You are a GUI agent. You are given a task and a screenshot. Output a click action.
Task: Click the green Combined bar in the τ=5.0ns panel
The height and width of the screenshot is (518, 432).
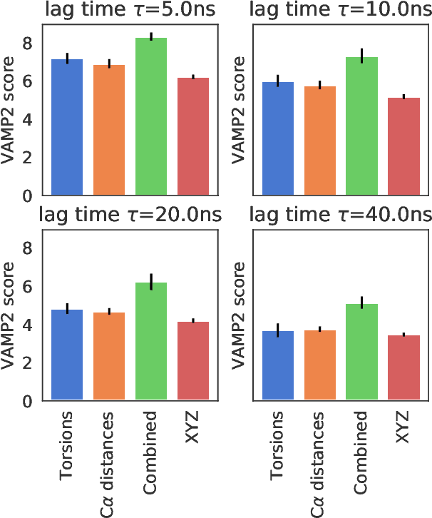click(151, 118)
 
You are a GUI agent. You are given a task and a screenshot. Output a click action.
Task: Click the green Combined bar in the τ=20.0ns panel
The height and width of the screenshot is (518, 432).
click(151, 342)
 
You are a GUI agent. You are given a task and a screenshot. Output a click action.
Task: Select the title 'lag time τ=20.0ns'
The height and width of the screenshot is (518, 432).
click(130, 215)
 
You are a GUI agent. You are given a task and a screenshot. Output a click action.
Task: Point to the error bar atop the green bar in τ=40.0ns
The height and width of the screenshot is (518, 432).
click(361, 303)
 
